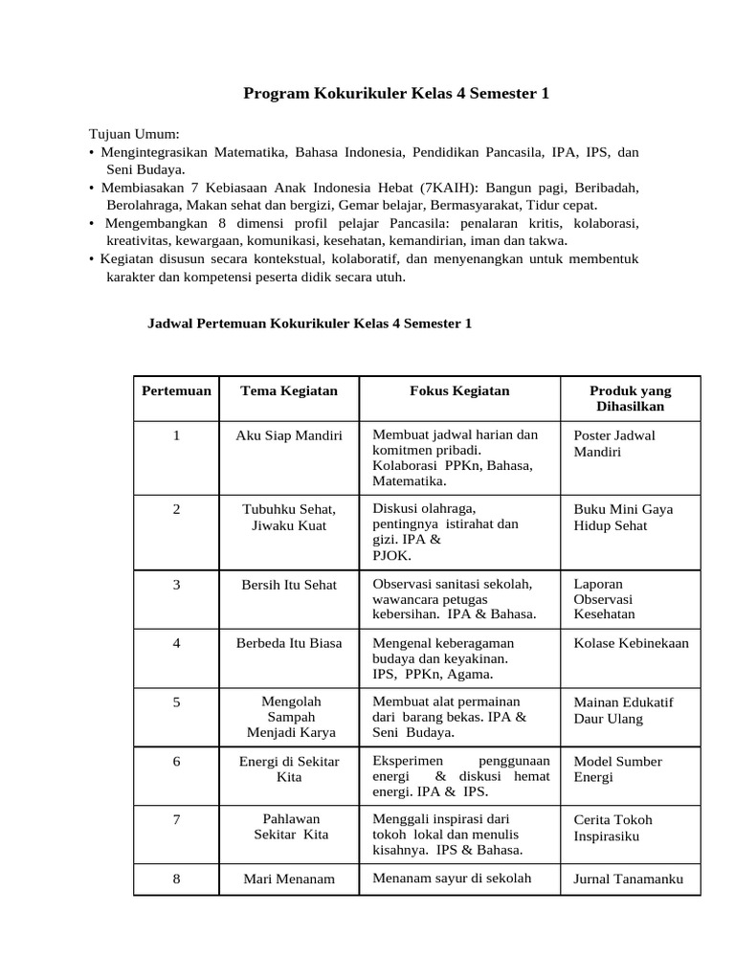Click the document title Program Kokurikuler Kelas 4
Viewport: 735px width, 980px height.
click(x=396, y=94)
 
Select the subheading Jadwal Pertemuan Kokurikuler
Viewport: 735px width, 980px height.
click(x=309, y=324)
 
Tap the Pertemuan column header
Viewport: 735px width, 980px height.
click(x=176, y=391)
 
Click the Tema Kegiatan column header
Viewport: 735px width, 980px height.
click(x=289, y=391)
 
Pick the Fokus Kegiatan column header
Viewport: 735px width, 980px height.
click(x=459, y=391)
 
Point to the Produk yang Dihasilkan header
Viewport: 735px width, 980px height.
click(x=630, y=399)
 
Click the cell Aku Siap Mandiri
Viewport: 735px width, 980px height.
click(x=289, y=435)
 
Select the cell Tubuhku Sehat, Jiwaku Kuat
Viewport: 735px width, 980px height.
click(x=289, y=518)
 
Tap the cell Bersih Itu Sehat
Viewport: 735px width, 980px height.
click(x=289, y=585)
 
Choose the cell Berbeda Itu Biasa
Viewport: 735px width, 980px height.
click(x=289, y=643)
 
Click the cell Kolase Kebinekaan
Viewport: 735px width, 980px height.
click(x=631, y=643)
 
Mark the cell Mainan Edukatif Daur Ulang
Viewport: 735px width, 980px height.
click(x=623, y=710)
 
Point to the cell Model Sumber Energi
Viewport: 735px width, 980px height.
click(x=617, y=769)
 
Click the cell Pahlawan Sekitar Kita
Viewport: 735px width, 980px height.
click(x=290, y=827)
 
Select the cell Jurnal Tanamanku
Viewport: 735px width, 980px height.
click(x=628, y=880)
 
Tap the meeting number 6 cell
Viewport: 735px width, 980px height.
click(x=176, y=762)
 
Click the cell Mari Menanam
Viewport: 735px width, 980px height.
click(x=289, y=880)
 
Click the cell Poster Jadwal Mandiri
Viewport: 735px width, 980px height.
click(x=613, y=443)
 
